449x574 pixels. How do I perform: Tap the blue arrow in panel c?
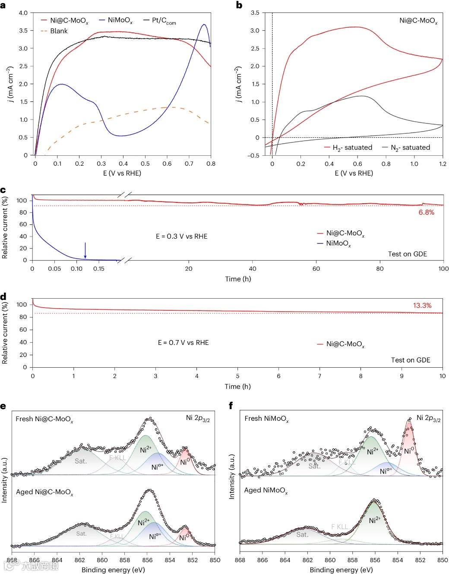coord(85,250)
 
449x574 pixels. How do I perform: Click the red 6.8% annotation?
coord(426,212)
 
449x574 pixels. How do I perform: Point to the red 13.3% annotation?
coord(422,306)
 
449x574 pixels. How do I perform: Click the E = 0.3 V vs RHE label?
coord(181,237)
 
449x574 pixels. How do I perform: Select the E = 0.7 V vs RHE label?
coord(183,343)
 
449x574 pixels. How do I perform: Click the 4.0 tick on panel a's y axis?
coord(23,13)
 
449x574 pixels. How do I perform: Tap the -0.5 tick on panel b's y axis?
coord(254,155)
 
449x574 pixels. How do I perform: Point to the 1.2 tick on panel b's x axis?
coord(443,164)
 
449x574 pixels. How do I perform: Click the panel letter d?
coord(3,296)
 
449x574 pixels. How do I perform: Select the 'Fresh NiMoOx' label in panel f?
coord(266,419)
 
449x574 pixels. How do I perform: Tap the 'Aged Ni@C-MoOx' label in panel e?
coord(44,492)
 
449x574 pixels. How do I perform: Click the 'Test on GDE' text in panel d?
coord(410,360)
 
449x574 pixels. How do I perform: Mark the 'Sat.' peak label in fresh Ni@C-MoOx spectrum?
coord(81,461)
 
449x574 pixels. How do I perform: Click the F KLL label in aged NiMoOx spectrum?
coord(339,527)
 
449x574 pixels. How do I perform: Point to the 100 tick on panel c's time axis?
coord(443,269)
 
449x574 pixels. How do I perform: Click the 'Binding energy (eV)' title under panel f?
coord(341,570)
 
